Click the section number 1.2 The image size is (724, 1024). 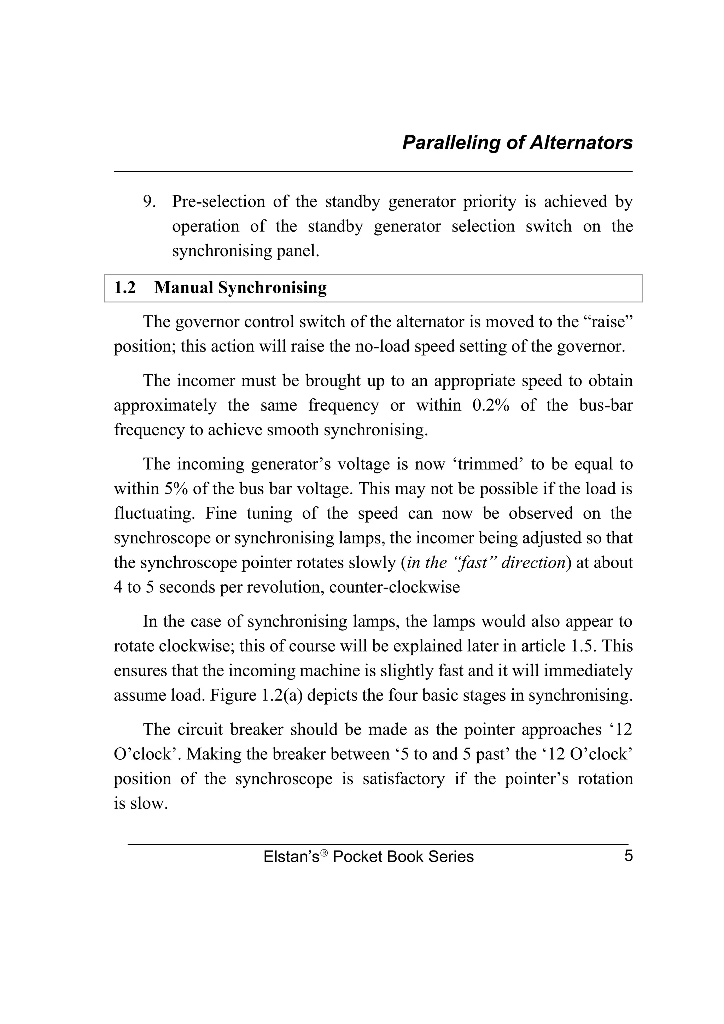[x=125, y=288]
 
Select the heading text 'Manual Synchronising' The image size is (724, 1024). [x=240, y=288]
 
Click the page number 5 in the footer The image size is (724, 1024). [x=628, y=856]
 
